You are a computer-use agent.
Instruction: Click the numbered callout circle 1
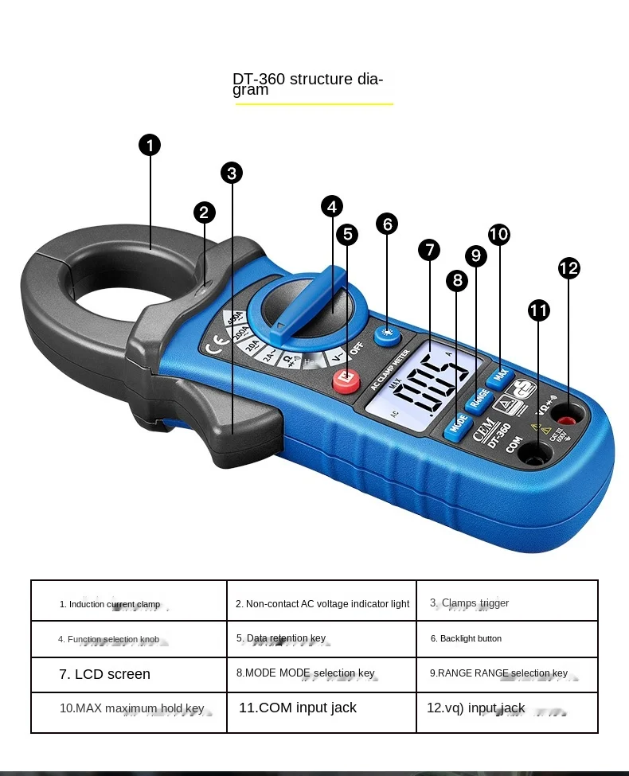150,145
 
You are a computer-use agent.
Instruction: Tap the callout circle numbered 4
332,206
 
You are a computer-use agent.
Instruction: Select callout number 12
568,268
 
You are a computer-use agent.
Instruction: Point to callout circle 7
429,250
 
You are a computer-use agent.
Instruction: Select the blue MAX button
500,373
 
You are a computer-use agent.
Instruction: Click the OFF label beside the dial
356,348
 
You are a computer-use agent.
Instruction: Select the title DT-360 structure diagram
307,84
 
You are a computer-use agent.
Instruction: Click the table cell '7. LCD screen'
129,674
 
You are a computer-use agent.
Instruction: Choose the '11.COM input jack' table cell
321,708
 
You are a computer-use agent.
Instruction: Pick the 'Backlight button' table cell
506,638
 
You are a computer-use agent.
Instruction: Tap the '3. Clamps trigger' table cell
506,602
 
